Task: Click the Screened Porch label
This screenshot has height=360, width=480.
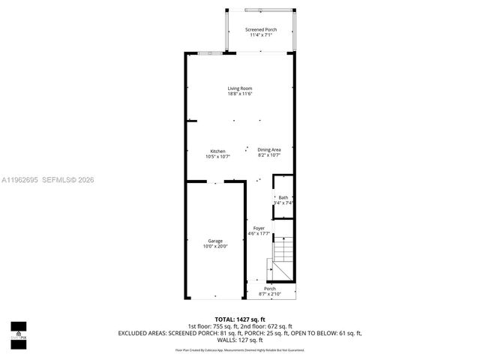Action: click(261, 29)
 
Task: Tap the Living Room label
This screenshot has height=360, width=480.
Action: click(240, 88)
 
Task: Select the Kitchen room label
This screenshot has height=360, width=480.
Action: click(217, 151)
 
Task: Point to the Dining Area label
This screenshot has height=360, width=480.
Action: click(268, 150)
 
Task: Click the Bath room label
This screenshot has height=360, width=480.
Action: click(283, 197)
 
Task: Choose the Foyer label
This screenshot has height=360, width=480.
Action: click(259, 228)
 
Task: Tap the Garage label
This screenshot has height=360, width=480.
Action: click(215, 241)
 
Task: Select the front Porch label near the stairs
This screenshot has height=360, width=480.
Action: click(270, 289)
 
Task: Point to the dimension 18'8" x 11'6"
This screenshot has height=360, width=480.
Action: click(240, 94)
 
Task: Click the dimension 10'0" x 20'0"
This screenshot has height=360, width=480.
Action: click(215, 246)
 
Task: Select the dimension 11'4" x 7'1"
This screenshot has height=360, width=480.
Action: click(261, 34)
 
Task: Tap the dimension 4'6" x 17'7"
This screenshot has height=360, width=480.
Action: click(259, 233)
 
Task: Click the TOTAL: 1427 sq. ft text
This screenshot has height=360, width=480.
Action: click(240, 319)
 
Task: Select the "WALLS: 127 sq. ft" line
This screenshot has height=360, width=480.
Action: click(240, 340)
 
